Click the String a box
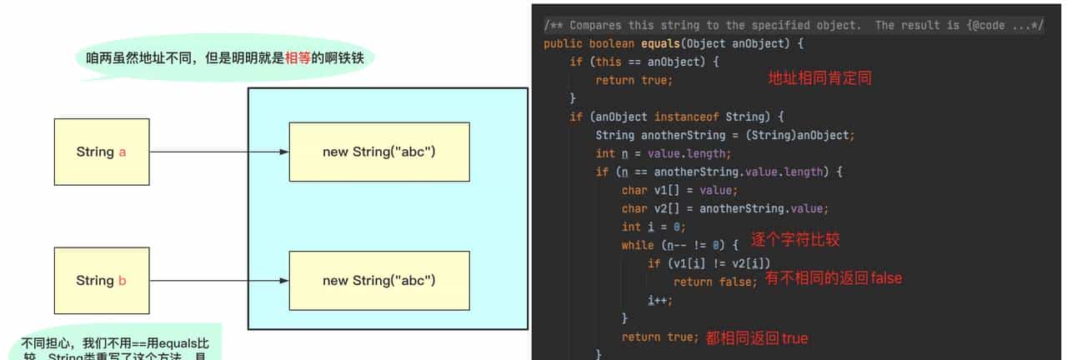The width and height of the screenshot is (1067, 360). coord(101,152)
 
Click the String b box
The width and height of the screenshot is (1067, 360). coord(101,280)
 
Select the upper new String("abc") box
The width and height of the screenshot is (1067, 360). coord(379,152)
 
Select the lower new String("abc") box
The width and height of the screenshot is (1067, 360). coord(379,280)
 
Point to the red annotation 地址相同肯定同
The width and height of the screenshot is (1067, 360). coord(820,78)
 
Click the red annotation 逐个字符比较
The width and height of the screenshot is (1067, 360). coord(795,239)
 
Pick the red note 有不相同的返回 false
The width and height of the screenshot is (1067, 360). coord(834,277)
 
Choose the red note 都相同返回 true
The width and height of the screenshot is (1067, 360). coord(757,337)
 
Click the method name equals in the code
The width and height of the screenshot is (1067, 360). coord(661,43)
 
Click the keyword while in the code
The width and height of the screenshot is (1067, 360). coord(639,245)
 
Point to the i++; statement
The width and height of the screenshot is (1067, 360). coord(659,300)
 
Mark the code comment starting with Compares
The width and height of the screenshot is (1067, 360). coord(792,25)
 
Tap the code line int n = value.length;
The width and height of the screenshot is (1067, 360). coord(663,153)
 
